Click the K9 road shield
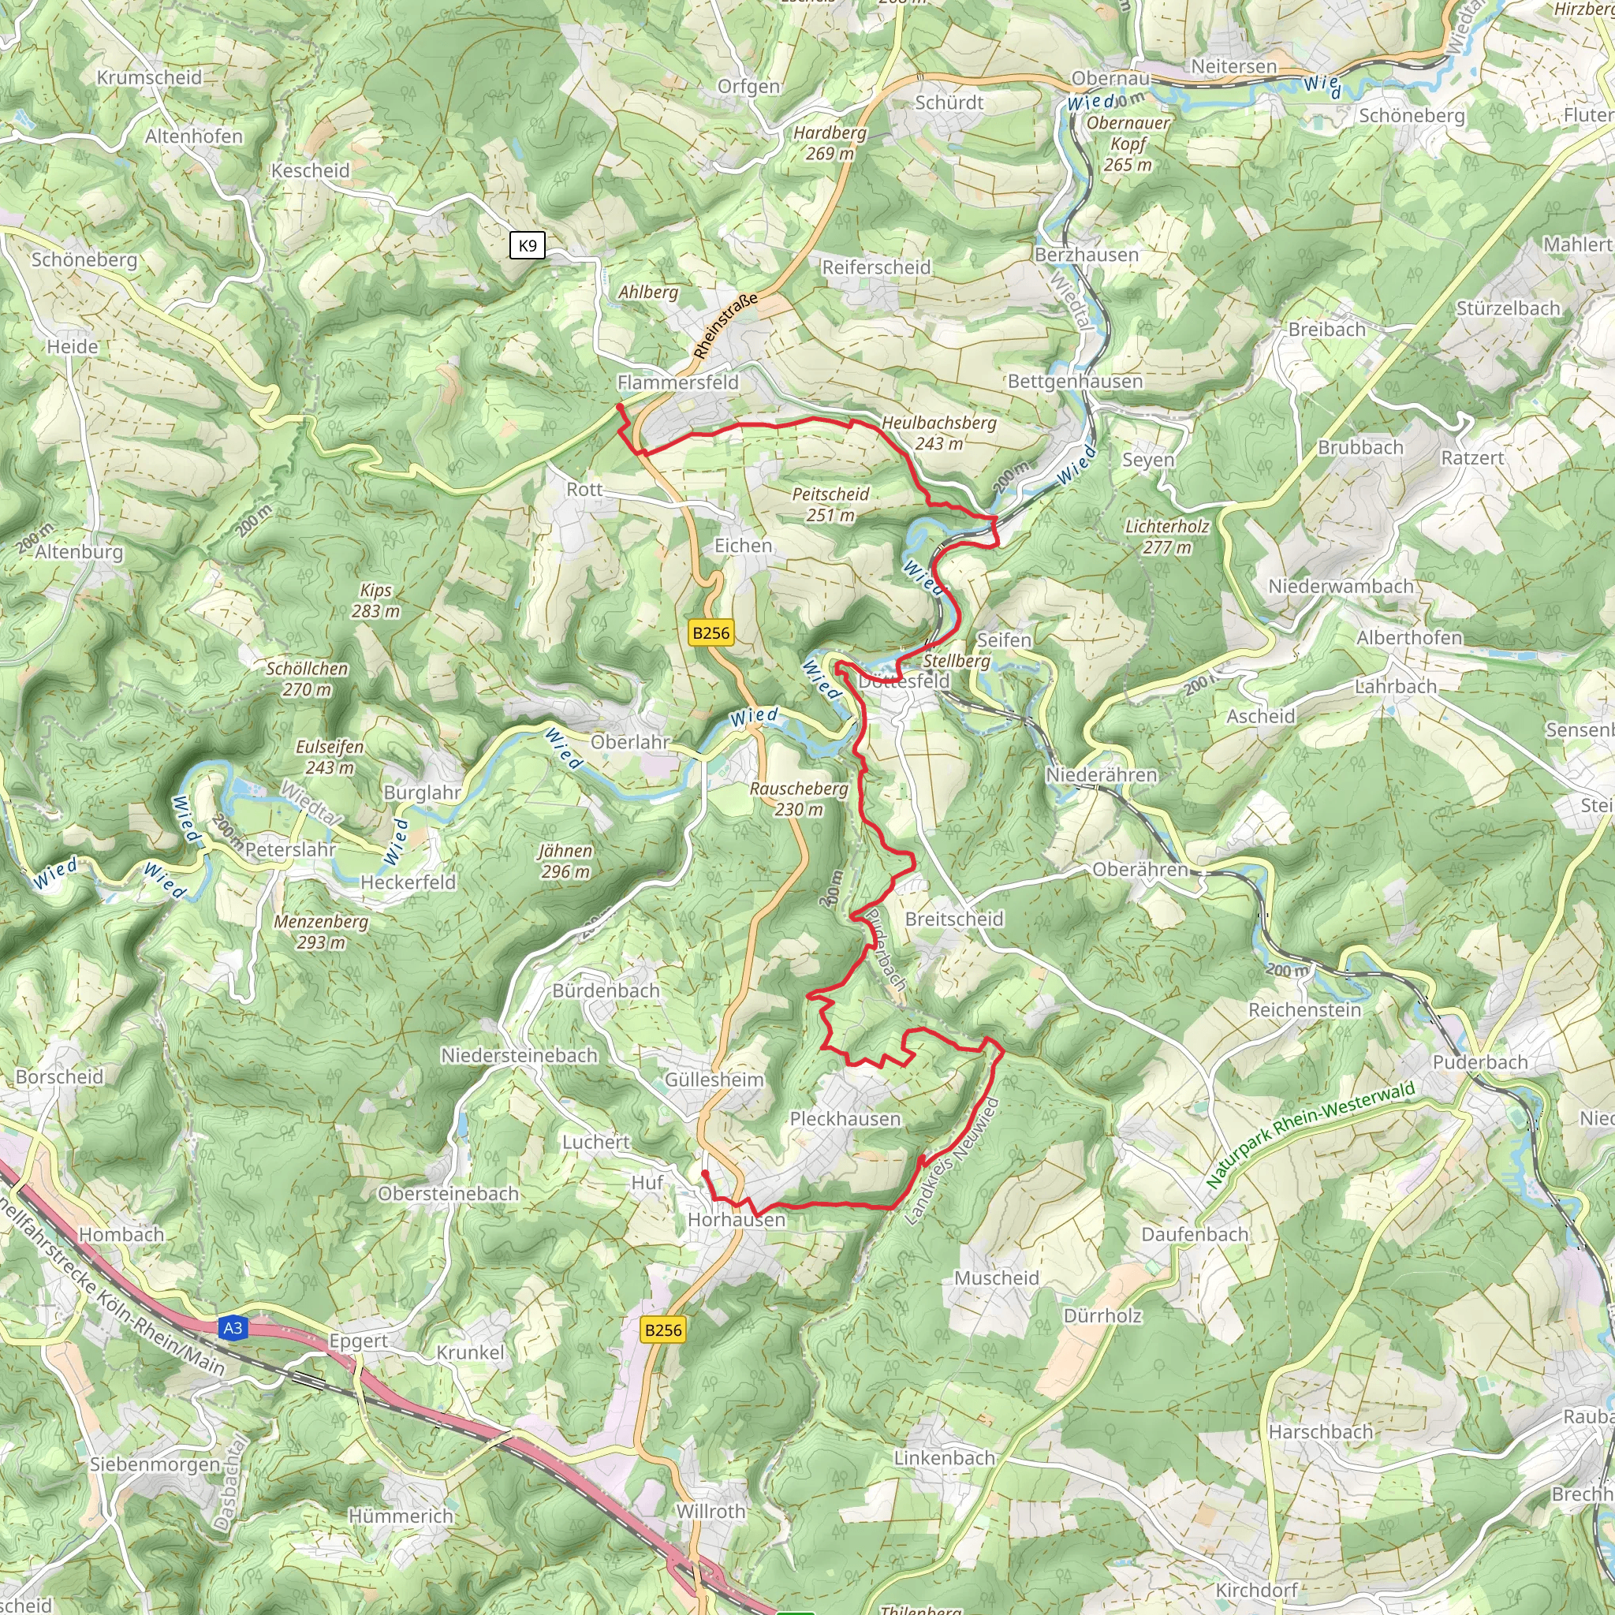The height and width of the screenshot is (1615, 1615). [x=528, y=245]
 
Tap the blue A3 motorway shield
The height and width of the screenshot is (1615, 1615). [x=233, y=1327]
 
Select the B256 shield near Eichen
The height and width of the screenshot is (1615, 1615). [x=711, y=632]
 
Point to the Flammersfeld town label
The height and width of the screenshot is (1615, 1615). [x=678, y=382]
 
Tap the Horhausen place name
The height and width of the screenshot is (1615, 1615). [x=737, y=1220]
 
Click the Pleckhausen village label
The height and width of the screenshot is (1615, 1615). [x=845, y=1118]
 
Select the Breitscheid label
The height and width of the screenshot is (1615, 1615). [x=954, y=919]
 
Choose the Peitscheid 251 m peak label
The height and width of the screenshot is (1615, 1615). [x=830, y=504]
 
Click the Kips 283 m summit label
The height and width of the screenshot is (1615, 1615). [x=375, y=600]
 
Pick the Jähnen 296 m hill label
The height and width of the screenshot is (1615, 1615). [x=565, y=861]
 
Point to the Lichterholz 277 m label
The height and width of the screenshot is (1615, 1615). [x=1167, y=537]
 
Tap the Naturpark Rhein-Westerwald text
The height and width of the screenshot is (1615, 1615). [x=1310, y=1133]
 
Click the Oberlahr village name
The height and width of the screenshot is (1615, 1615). [x=630, y=741]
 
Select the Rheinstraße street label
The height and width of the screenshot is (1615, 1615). [x=725, y=326]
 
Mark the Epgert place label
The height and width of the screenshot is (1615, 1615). [x=358, y=1341]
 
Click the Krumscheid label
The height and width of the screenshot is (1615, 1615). [x=150, y=77]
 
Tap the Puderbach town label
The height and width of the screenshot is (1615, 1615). [x=1479, y=1061]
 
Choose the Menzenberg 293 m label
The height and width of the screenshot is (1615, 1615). [x=321, y=931]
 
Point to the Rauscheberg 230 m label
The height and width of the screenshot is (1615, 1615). [x=798, y=798]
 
